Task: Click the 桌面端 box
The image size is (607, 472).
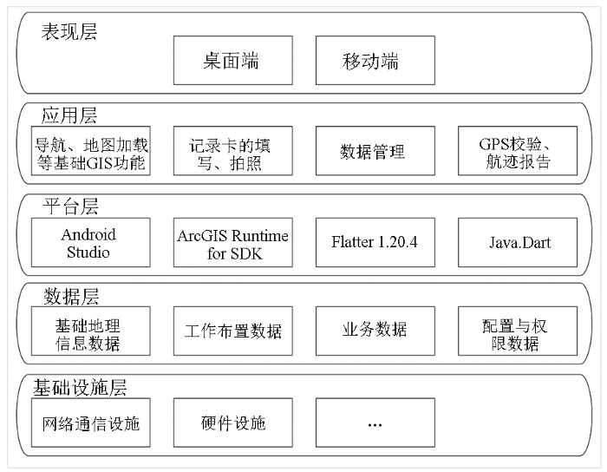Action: [232, 61]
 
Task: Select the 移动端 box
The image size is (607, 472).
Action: [375, 61]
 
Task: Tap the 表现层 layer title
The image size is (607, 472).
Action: [69, 32]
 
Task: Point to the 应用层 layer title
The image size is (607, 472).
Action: [69, 115]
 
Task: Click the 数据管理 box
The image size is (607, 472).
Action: [375, 151]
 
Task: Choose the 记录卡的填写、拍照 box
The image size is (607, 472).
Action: [232, 151]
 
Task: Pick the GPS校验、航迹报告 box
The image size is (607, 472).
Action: [518, 151]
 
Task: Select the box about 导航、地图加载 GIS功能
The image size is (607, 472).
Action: [90, 151]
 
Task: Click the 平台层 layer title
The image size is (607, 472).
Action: [70, 206]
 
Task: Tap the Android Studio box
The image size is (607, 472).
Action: [90, 242]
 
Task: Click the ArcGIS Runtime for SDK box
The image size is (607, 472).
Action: [232, 242]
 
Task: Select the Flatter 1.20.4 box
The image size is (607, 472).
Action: [375, 242]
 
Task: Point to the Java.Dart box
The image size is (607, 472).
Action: [518, 242]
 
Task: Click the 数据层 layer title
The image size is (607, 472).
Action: [71, 297]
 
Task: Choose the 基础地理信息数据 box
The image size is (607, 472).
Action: [90, 331]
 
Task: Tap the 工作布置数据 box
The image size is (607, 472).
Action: [232, 331]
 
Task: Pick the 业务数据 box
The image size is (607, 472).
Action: [375, 331]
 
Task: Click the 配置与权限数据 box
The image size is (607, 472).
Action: [518, 331]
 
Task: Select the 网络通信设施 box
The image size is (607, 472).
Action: [90, 423]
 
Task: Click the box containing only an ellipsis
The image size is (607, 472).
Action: [375, 423]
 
